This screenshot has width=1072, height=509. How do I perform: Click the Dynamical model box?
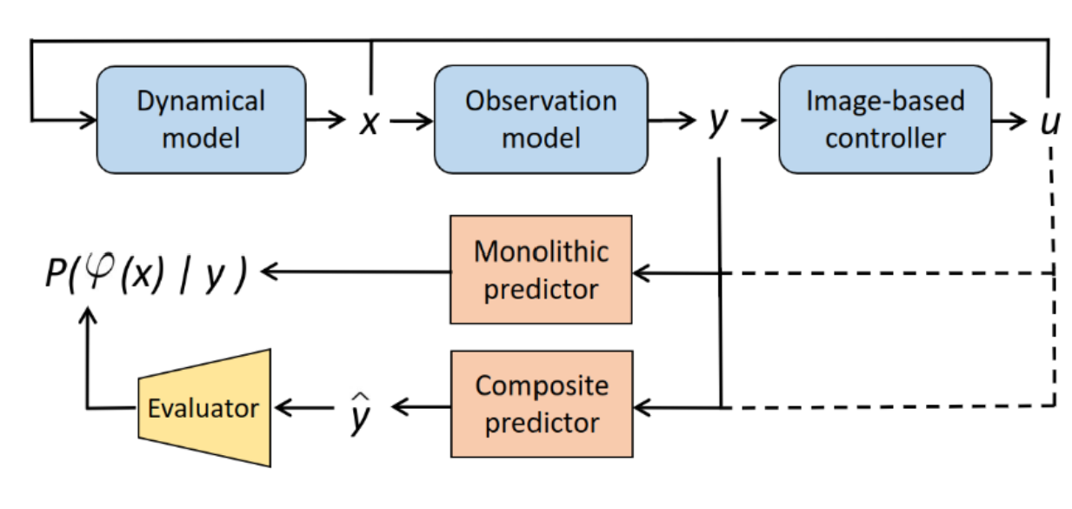click(202, 120)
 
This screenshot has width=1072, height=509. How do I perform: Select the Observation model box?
click(542, 120)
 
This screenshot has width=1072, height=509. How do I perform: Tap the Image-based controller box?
click(885, 120)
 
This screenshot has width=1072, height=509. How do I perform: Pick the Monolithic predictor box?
click(542, 270)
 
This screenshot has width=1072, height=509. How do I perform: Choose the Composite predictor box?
click(542, 404)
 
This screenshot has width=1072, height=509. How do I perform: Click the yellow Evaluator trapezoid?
click(205, 408)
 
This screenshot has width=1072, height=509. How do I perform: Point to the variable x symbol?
click(370, 123)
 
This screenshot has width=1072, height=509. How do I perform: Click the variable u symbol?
click(1050, 123)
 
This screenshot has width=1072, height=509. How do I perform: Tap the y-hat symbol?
click(360, 413)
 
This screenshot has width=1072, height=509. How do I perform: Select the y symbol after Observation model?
click(718, 122)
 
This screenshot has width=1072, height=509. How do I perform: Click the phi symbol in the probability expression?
click(99, 270)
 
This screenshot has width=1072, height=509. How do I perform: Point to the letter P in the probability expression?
click(57, 272)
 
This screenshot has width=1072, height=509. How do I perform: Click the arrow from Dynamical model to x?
click(325, 119)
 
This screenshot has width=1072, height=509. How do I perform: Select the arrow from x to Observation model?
click(411, 121)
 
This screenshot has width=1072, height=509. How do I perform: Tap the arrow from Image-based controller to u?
click(1009, 120)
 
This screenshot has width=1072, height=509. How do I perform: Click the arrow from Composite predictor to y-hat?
click(421, 407)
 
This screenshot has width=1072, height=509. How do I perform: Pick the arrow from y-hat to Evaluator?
click(304, 408)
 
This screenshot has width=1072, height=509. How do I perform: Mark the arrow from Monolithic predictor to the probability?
click(356, 271)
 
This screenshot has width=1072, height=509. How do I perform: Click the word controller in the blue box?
click(885, 139)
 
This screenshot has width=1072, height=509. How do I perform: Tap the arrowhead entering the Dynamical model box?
click(89, 120)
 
